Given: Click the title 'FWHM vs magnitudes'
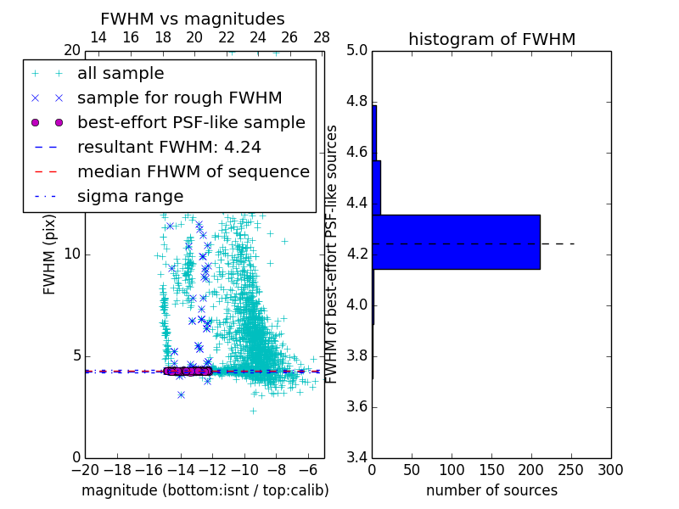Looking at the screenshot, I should (193, 19).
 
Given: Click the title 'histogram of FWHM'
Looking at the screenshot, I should (491, 39).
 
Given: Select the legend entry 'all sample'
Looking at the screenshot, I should (121, 74).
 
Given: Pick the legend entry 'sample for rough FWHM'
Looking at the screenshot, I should (179, 98).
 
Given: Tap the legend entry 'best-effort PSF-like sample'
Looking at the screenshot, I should (191, 123).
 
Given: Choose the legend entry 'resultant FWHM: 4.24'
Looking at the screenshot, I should (169, 148).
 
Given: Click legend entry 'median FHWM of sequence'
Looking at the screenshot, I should (194, 172).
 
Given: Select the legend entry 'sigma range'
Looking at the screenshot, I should (130, 197).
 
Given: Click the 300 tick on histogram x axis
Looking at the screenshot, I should (610, 470).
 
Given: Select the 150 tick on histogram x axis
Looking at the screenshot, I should (491, 470).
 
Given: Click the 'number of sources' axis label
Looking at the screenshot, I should (491, 490).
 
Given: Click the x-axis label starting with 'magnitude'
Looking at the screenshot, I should (205, 490).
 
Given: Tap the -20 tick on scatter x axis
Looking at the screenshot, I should (85, 470).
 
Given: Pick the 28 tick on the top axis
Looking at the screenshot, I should (322, 37).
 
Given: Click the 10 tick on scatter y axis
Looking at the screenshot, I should (71, 255).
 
